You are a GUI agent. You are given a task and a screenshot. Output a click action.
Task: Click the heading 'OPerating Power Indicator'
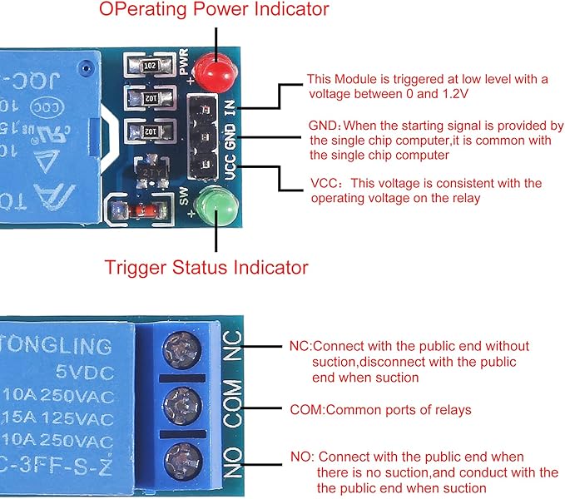click(214, 10)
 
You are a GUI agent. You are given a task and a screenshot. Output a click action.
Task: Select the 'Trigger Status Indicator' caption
click(206, 268)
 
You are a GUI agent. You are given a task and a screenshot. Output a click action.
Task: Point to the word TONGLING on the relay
click(58, 343)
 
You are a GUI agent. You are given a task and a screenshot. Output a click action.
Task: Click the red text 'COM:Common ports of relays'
click(380, 410)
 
